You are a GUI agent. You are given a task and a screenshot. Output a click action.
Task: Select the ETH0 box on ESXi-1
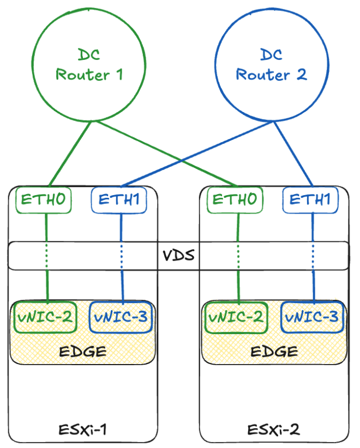point(45,199)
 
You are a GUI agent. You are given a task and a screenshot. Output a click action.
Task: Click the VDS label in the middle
point(179,255)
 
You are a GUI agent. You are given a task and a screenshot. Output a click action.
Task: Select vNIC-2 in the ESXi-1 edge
point(45,316)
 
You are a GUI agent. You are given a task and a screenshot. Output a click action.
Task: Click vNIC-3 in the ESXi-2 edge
point(313,316)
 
